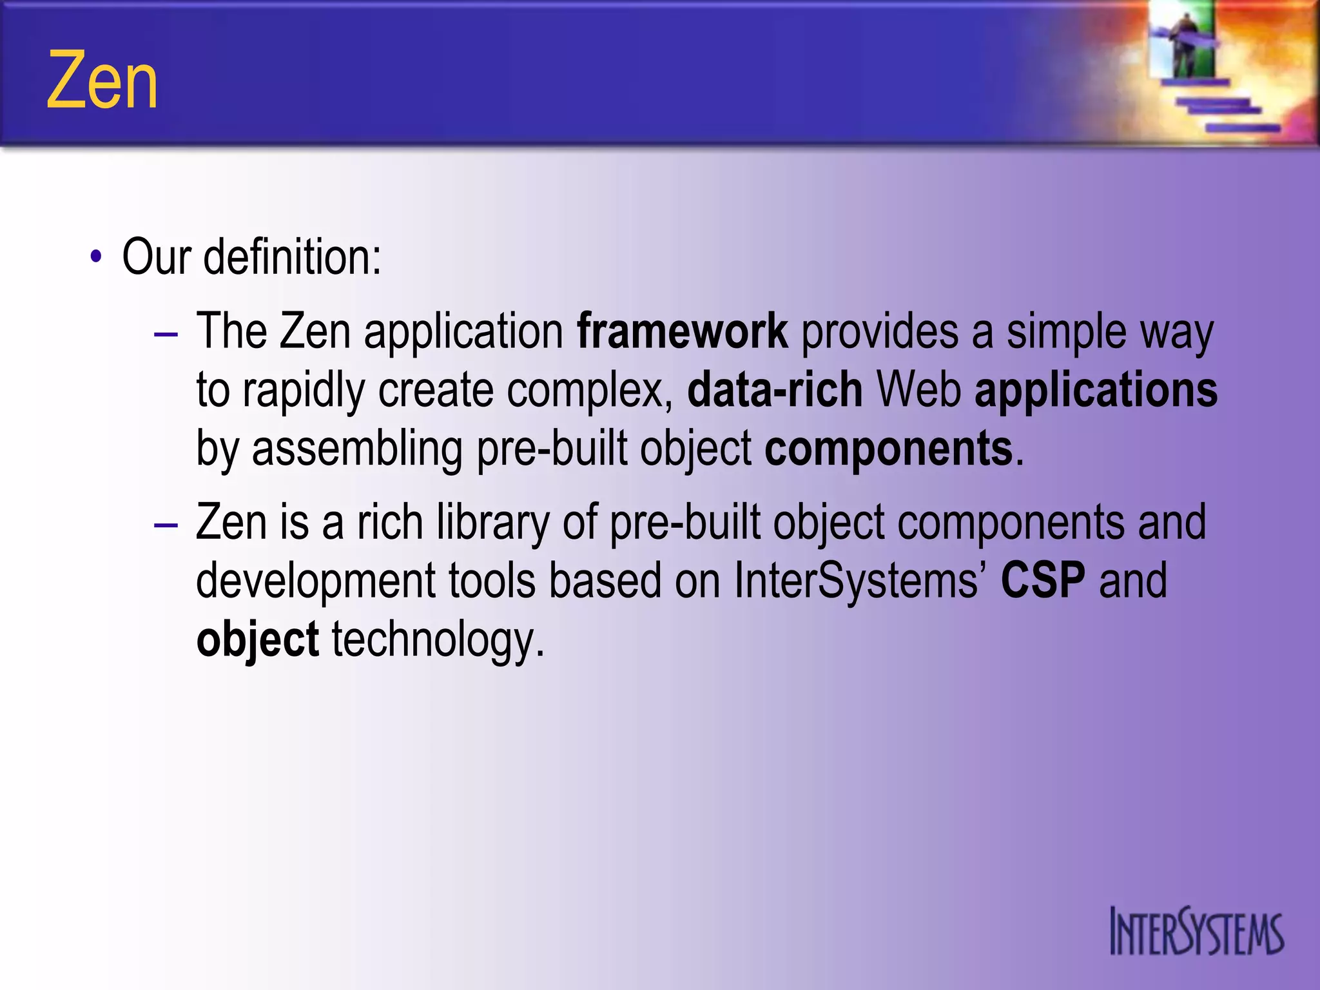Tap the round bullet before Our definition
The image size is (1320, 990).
click(96, 257)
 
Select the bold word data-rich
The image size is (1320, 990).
click(775, 391)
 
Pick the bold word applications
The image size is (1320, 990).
click(1096, 391)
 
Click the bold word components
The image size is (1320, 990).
click(888, 449)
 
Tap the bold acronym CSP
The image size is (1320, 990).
click(1042, 580)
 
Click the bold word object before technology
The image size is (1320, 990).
click(257, 640)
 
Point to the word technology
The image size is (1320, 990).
click(438, 640)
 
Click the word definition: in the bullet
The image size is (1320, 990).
click(292, 257)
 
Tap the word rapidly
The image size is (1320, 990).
click(304, 391)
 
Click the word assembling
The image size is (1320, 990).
click(356, 449)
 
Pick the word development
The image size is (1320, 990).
click(316, 580)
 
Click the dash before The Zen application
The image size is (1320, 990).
click(166, 335)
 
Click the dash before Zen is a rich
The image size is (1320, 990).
click(166, 525)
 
